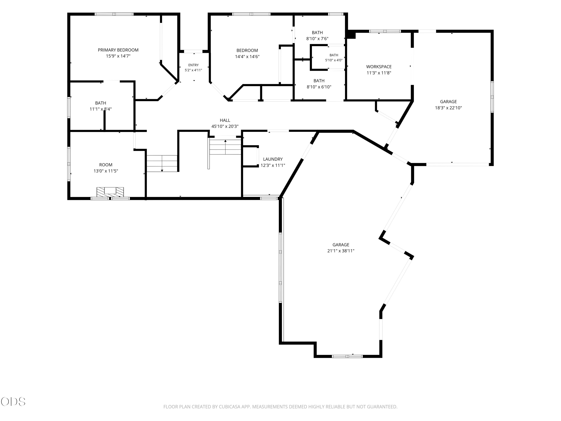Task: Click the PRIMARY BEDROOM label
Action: point(118,50)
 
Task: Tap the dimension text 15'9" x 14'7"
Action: point(118,56)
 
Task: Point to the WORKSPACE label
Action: point(379,67)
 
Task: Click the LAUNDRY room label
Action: point(273,159)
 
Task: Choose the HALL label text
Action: point(225,120)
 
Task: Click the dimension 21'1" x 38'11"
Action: point(341,251)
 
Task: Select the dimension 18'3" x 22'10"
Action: point(448,108)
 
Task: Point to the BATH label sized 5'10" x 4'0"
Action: point(334,55)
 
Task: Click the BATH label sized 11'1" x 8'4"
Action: point(101,103)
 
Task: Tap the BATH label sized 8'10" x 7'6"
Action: point(317,33)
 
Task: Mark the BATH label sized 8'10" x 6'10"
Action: point(319,81)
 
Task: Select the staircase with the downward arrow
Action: point(162,163)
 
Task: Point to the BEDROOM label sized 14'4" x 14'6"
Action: point(247,51)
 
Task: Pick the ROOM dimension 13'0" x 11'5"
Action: point(106,171)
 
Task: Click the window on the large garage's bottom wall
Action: point(347,356)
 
